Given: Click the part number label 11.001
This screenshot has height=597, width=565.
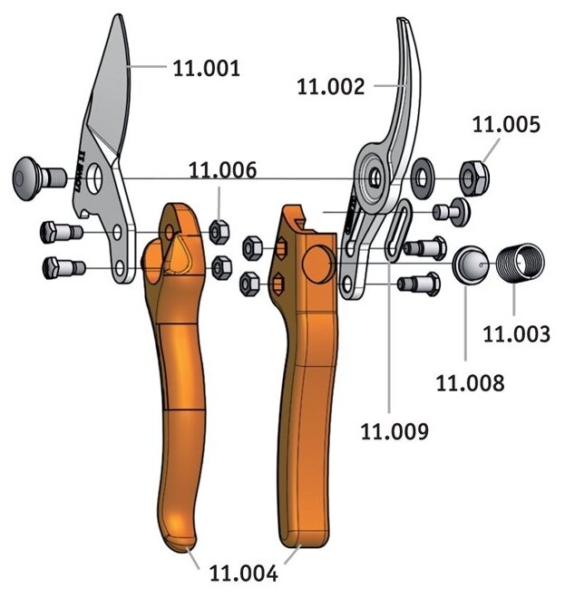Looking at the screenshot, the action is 206,68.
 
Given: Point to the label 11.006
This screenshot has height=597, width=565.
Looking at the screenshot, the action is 222,169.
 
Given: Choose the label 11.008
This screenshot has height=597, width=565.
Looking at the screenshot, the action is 469,382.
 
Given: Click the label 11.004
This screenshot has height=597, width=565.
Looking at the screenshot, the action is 243,573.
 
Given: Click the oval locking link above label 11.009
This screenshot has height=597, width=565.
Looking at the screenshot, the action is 396,232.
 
